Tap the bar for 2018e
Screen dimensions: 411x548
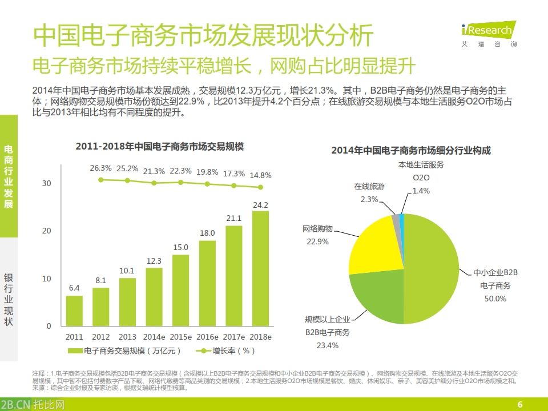click(260, 268)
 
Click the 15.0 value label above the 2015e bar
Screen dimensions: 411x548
click(180, 247)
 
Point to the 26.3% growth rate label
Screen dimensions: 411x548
click(101, 168)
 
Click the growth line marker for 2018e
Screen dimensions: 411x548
click(260, 187)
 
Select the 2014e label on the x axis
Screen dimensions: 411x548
click(154, 337)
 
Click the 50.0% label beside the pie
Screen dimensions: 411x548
click(495, 299)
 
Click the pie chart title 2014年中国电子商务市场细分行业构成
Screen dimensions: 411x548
click(411, 151)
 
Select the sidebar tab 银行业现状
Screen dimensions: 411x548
click(9, 300)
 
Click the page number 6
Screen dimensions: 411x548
click(519, 405)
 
